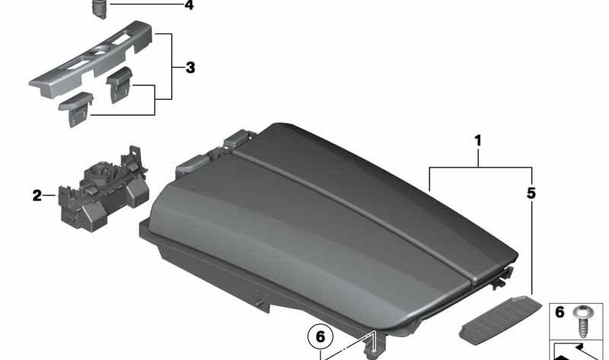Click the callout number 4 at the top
(189, 5)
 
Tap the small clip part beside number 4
(100, 8)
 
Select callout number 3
(190, 68)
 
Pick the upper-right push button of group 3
(120, 84)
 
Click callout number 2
(37, 196)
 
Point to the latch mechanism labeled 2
(103, 189)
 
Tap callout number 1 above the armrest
(478, 141)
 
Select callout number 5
(531, 193)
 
